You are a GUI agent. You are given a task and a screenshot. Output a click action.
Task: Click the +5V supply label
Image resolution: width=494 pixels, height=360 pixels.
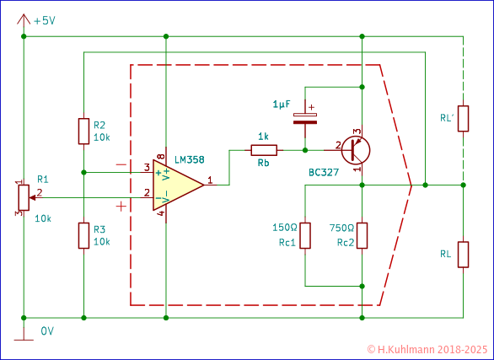point(45,19)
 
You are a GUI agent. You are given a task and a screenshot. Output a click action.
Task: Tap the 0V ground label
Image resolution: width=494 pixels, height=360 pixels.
point(48,331)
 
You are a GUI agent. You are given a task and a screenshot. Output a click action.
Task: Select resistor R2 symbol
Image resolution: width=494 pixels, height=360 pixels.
point(83,131)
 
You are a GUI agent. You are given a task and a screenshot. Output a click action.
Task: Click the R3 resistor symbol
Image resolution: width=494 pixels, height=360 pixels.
point(83,235)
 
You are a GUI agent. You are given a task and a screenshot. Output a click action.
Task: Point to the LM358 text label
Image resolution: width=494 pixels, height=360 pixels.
point(189,159)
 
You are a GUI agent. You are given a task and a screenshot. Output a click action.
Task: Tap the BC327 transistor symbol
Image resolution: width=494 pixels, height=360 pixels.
point(355,151)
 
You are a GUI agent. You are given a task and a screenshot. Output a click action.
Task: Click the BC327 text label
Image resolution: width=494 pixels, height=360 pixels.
point(325,173)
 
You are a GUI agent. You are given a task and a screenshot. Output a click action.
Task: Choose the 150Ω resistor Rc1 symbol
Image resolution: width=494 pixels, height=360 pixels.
point(305,236)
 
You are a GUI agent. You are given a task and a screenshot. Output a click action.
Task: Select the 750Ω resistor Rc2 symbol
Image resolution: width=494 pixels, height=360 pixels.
point(362,236)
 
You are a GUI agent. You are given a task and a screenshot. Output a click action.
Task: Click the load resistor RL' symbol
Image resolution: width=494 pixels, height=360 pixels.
point(463,119)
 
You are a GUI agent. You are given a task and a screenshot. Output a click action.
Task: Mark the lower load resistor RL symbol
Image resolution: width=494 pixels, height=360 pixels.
point(463,253)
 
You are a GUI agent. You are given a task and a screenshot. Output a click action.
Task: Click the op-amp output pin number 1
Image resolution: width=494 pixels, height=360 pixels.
point(209,178)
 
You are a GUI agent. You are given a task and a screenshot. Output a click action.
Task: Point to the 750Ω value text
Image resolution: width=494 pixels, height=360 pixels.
point(341,227)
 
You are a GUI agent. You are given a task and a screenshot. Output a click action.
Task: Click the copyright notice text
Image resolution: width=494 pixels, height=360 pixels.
point(427,347)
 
